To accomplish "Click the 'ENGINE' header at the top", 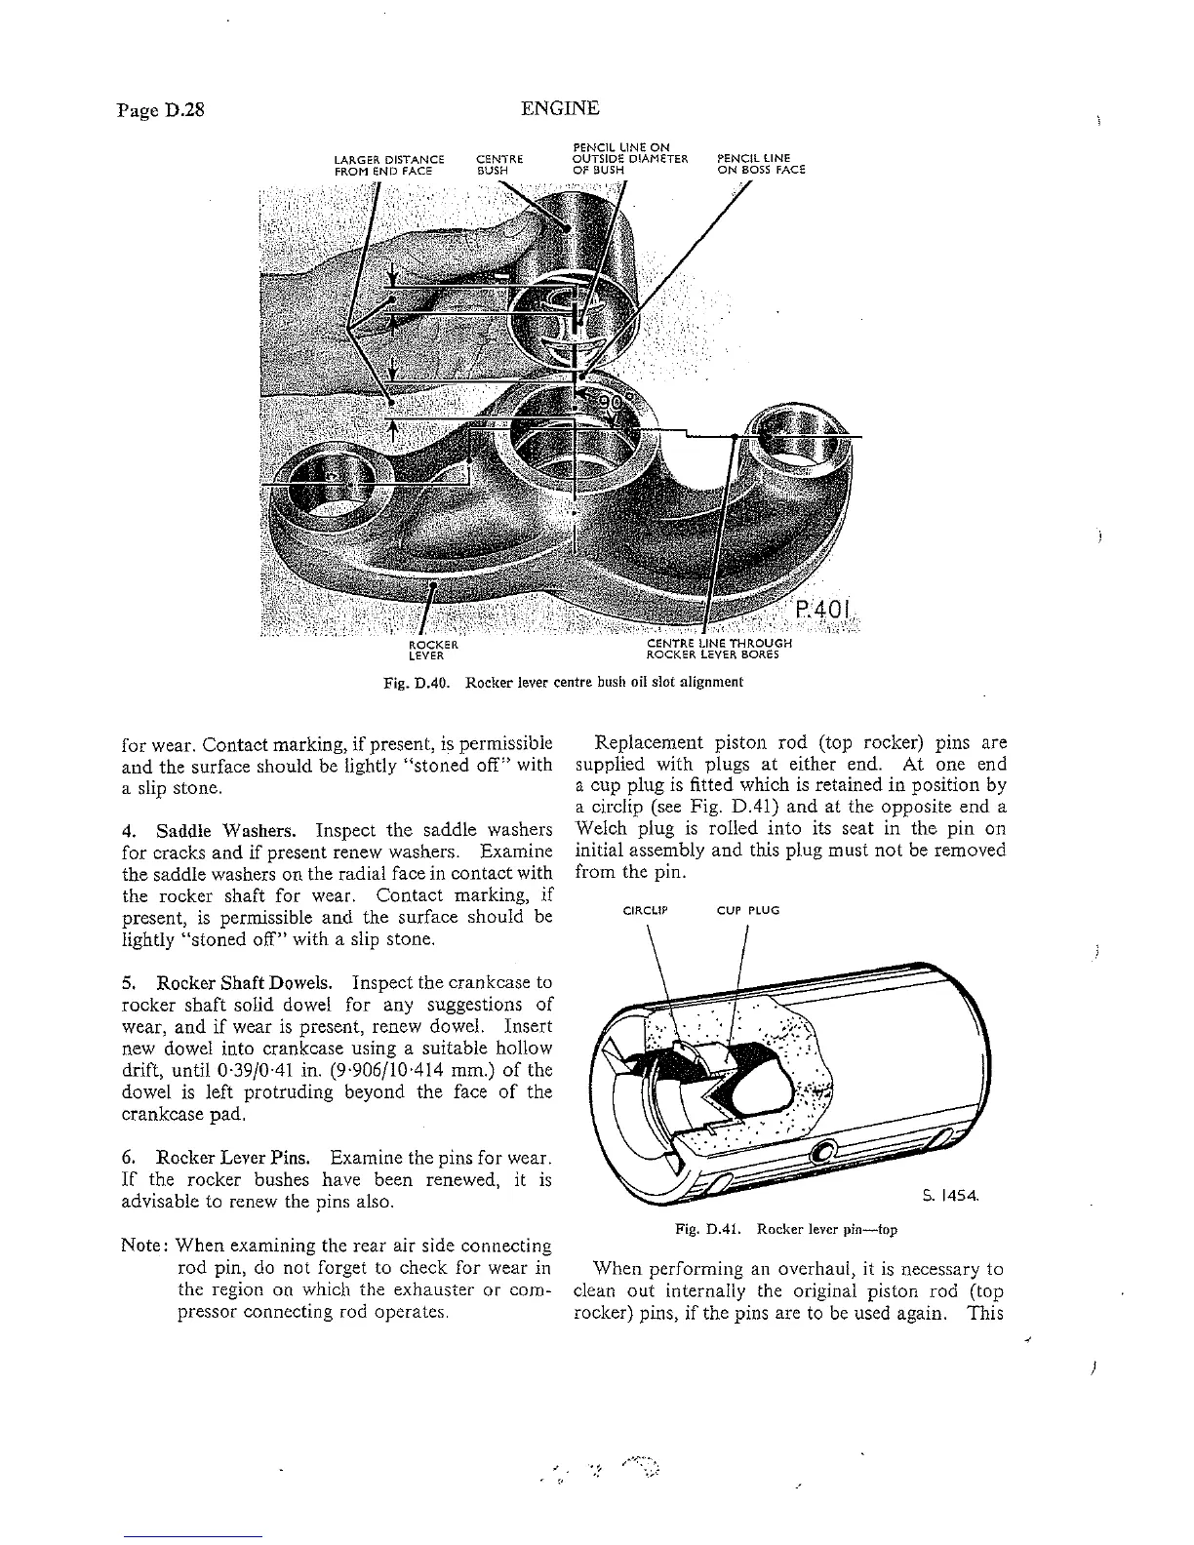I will pyautogui.click(x=560, y=108).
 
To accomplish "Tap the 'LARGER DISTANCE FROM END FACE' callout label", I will pyautogui.click(x=389, y=164).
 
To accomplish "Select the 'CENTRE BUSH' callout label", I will pyautogui.click(x=499, y=164).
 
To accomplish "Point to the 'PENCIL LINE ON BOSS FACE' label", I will pyautogui.click(x=761, y=164).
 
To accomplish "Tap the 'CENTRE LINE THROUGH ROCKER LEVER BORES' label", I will pyautogui.click(x=719, y=650).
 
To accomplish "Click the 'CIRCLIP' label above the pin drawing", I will pyautogui.click(x=645, y=910).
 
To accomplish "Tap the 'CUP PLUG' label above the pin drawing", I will pyautogui.click(x=748, y=910).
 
